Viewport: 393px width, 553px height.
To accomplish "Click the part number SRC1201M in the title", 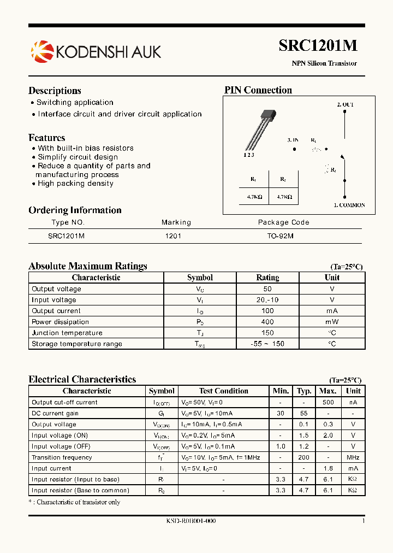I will pyautogui.click(x=318, y=46).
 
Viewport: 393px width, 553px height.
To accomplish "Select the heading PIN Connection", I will pyautogui.click(x=258, y=90).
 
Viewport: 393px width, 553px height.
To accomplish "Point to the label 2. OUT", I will pyautogui.click(x=345, y=104).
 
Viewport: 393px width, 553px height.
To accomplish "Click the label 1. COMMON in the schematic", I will pyautogui.click(x=349, y=205).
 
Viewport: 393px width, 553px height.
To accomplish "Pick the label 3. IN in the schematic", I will pyautogui.click(x=293, y=140).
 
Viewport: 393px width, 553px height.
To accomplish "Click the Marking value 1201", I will pyautogui.click(x=173, y=236).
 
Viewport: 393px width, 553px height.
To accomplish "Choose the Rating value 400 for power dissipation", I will pyautogui.click(x=267, y=322).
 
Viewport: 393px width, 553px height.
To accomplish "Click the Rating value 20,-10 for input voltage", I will pyautogui.click(x=267, y=300).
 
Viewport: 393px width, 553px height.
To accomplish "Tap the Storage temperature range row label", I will pyautogui.click(x=77, y=344).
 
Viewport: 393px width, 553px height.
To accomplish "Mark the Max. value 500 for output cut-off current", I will pyautogui.click(x=327, y=402).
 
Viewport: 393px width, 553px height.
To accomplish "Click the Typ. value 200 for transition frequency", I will pyautogui.click(x=304, y=457).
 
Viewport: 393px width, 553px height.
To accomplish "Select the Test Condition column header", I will pyautogui.click(x=223, y=391).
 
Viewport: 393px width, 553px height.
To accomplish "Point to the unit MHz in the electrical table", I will pyautogui.click(x=353, y=457).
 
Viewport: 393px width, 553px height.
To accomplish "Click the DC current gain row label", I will pyautogui.click(x=55, y=413).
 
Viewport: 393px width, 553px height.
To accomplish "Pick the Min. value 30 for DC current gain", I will pyautogui.click(x=281, y=413).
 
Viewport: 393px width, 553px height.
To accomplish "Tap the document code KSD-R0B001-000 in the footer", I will pyautogui.click(x=190, y=521).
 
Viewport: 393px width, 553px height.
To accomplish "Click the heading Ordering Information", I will pyautogui.click(x=75, y=210).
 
